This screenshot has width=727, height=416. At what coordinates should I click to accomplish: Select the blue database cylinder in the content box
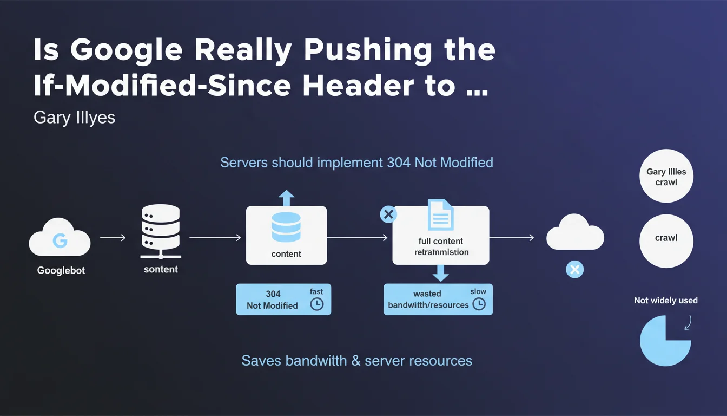point(286,227)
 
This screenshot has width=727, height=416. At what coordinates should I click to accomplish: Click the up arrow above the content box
point(286,198)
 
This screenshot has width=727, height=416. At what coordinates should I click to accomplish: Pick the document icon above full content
point(440,215)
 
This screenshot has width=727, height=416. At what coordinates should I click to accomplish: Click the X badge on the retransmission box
point(388,214)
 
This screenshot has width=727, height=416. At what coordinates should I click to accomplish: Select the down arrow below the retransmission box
point(440,273)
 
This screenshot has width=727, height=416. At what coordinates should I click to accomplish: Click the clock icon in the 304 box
point(316,304)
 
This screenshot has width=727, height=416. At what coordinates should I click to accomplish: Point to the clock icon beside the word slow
point(479,304)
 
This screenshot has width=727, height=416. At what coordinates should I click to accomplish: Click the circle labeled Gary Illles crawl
point(666,177)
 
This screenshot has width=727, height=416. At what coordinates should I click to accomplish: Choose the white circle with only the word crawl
point(666,238)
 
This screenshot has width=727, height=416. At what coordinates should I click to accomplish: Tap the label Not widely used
point(665,300)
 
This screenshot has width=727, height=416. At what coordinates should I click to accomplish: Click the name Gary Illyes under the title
point(74,118)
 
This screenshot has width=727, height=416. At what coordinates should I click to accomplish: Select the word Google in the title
point(128,50)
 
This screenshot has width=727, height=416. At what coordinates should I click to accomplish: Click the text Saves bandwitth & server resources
point(356,361)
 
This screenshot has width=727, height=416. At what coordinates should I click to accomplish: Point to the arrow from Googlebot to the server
point(113,237)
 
